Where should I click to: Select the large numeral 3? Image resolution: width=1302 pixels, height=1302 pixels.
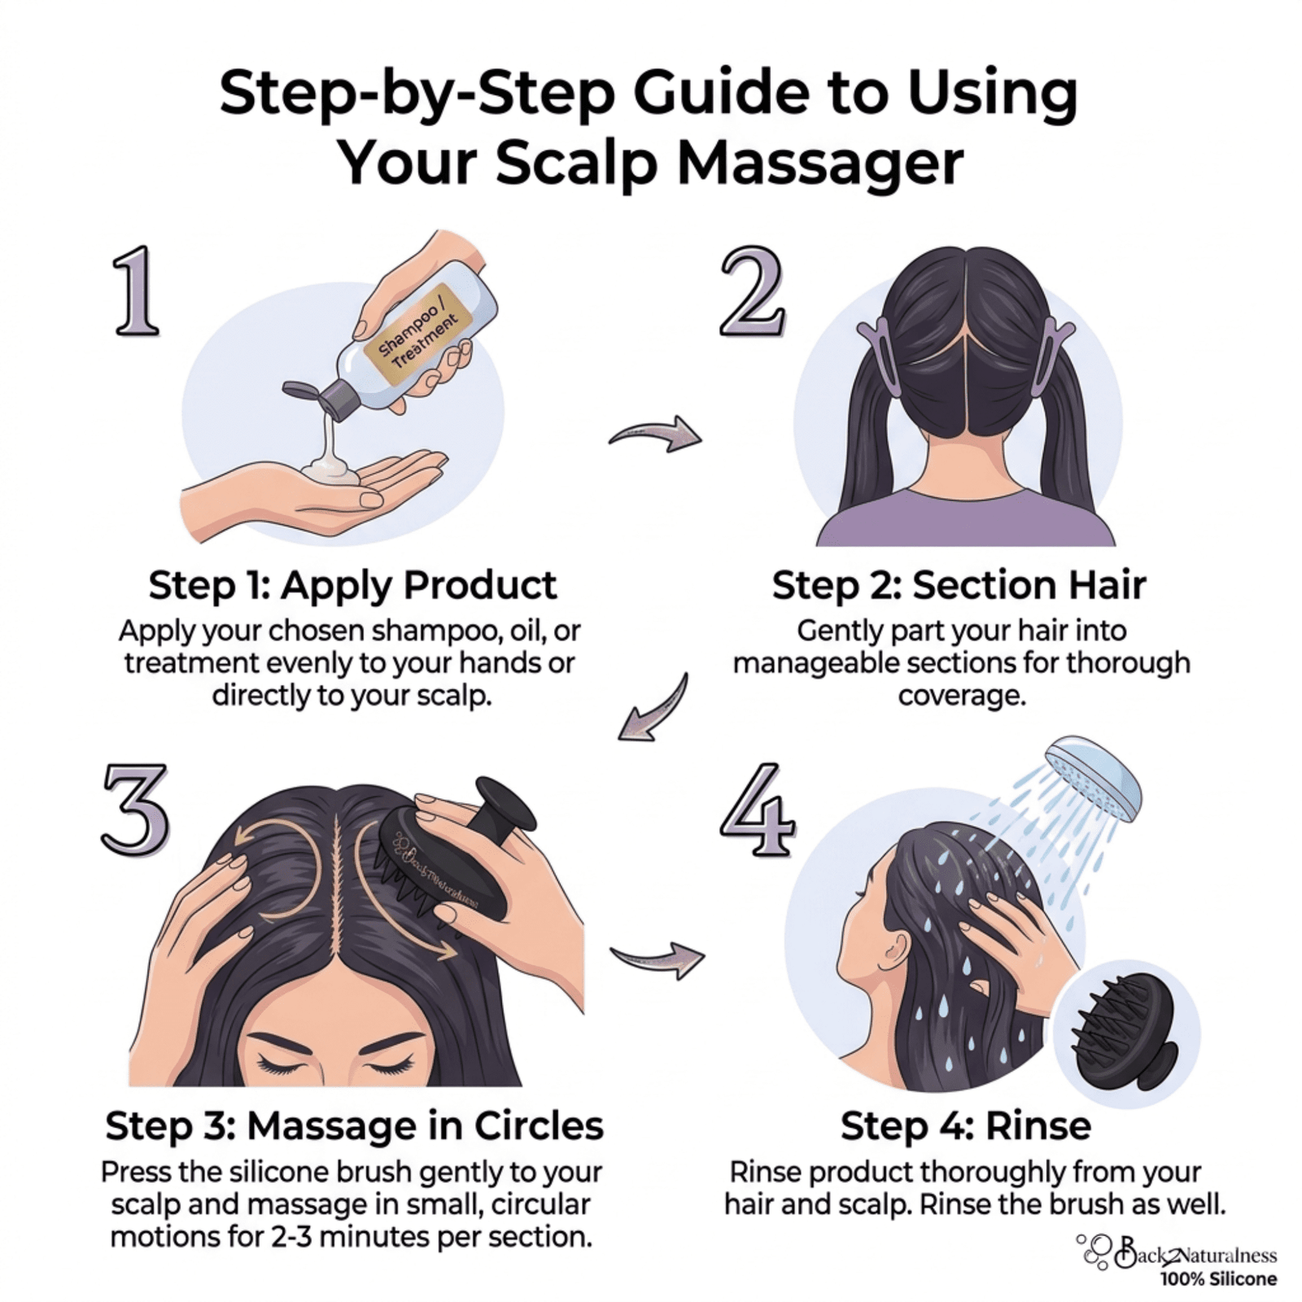click(135, 810)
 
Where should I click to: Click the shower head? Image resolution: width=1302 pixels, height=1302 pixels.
click(1094, 773)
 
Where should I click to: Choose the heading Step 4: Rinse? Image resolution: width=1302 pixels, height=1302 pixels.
click(965, 1126)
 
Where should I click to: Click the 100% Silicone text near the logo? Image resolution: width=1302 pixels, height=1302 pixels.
click(1218, 1278)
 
